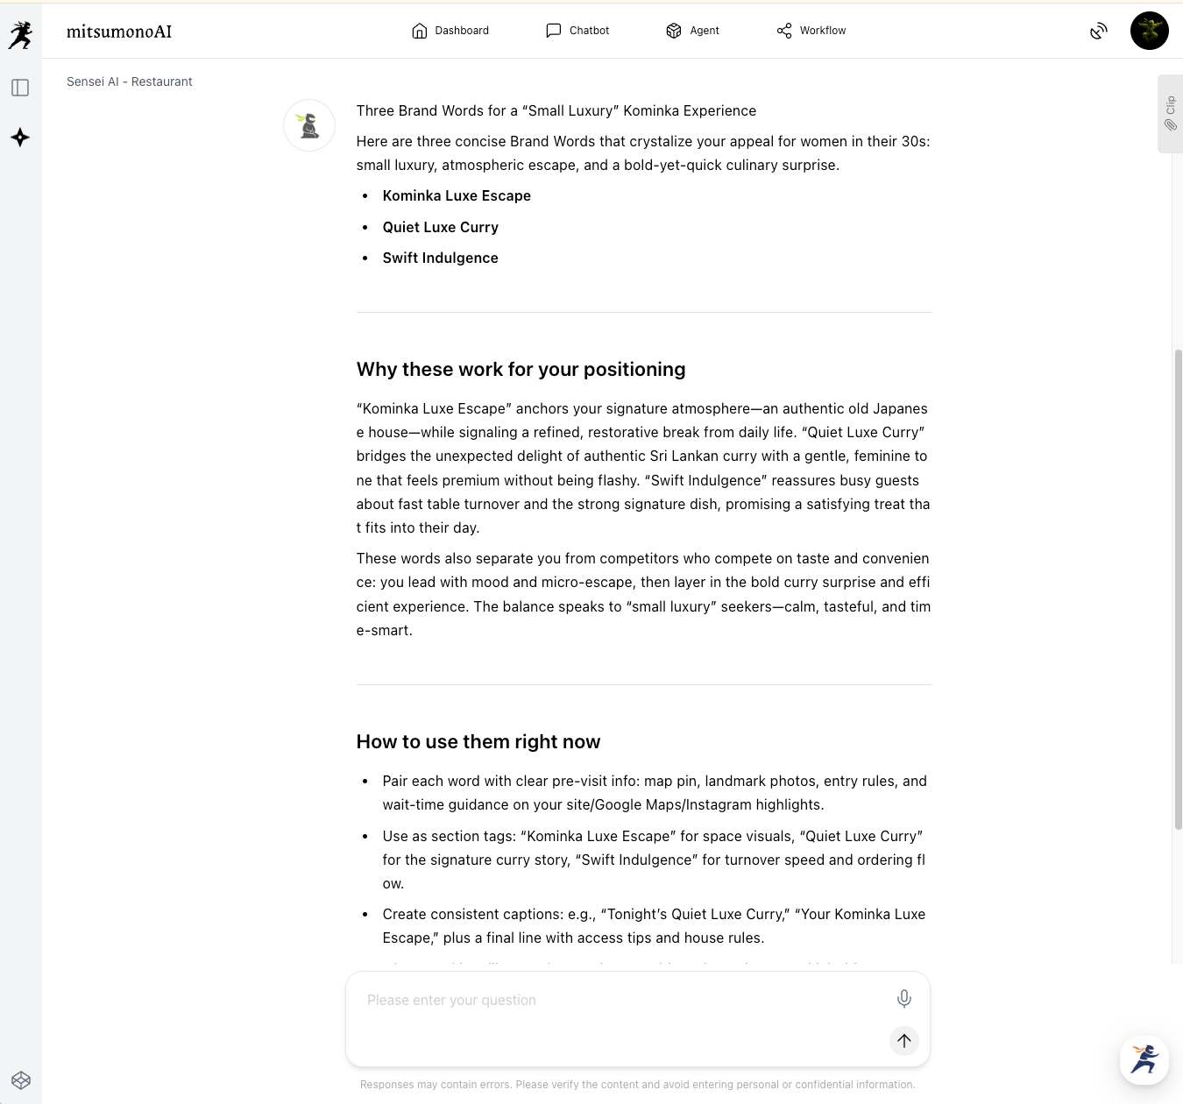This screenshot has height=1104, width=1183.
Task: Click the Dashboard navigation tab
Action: pos(450,31)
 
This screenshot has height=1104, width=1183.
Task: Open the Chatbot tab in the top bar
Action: pos(577,31)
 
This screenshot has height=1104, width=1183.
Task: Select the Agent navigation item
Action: pos(692,31)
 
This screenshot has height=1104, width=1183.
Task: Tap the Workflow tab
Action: pos(811,31)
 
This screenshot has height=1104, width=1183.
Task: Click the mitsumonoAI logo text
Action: pos(119,32)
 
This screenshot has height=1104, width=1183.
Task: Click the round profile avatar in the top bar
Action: pos(1149,31)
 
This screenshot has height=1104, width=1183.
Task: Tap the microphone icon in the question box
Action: pos(904,998)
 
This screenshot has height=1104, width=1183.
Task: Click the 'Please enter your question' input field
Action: pos(613,1001)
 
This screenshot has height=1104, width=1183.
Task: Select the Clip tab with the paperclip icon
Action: pos(1170,114)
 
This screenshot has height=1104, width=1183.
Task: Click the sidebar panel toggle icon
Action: pos(20,88)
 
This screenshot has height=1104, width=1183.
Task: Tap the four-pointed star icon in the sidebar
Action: pos(20,138)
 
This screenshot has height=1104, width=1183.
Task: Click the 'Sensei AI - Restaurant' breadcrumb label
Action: pos(130,81)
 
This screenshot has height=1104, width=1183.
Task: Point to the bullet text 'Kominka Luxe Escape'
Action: pos(457,195)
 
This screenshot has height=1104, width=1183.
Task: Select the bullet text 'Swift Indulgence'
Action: pos(440,258)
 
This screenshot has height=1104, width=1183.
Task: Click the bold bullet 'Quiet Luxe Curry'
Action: pos(440,227)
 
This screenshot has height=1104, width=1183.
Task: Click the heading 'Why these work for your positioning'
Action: pos(521,369)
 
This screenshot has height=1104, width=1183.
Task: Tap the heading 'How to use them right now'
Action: pos(478,741)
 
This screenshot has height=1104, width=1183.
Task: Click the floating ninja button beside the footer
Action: pos(1144,1059)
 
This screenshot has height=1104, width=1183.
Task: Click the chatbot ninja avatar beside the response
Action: pos(309,125)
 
